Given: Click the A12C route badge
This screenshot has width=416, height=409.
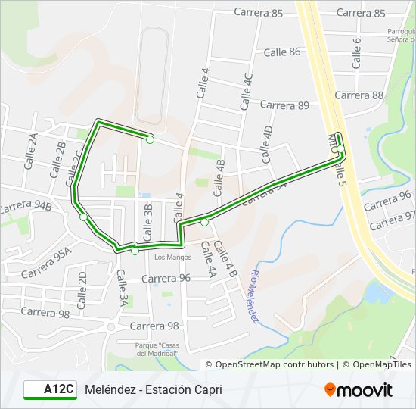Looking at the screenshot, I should (50, 389).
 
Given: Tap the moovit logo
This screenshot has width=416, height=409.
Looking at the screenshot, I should (359, 390).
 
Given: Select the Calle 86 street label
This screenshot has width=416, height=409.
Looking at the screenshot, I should (282, 52).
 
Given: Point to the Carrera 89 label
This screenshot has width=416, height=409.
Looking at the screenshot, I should (282, 105).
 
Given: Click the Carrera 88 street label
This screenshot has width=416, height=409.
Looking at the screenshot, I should (359, 95).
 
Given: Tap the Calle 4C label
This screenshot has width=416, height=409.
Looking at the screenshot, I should (246, 92).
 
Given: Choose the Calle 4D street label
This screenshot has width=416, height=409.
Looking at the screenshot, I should (266, 145).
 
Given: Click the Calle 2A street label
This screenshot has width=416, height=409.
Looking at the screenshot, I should (31, 151).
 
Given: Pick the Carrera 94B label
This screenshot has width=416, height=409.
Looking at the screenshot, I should (26, 206).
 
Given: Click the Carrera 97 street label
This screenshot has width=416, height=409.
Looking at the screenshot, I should (393, 220).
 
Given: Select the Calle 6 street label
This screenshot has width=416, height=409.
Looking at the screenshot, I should (357, 52).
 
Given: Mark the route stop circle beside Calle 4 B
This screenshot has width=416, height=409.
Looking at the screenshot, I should (205, 222).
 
